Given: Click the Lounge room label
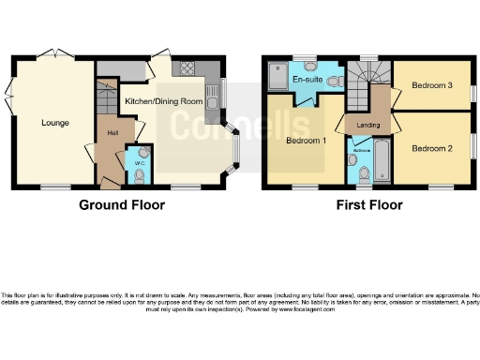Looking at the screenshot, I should [52, 122].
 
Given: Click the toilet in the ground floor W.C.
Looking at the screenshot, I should [142, 153].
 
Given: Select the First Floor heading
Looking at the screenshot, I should [367, 204].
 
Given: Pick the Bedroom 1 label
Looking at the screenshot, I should [306, 141].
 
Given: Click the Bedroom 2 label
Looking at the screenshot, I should [432, 148].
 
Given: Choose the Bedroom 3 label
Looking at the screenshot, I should [432, 85].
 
